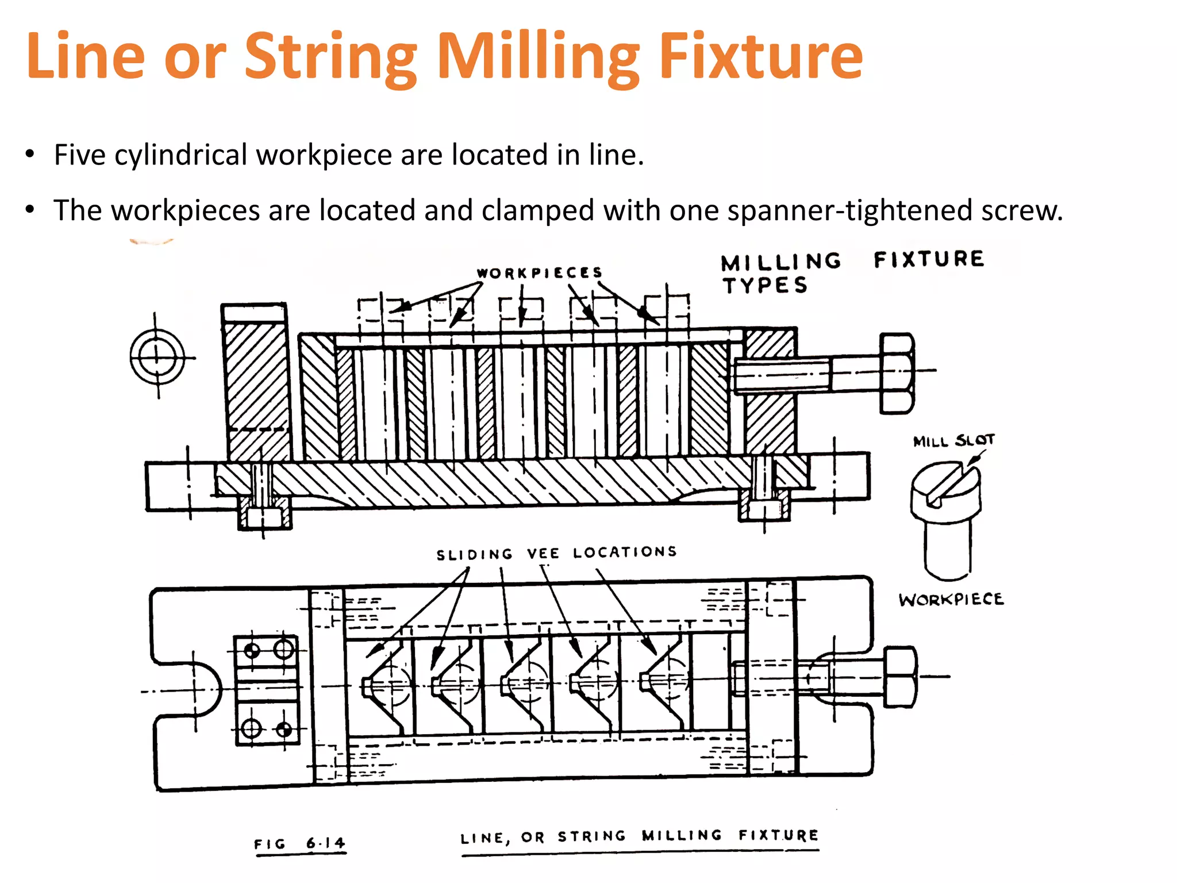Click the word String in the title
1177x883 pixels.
click(x=330, y=56)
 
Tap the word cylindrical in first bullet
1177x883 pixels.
click(x=180, y=155)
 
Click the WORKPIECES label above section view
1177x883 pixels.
click(x=539, y=272)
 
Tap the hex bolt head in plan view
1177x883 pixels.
click(x=900, y=677)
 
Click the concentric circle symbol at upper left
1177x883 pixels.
click(x=157, y=357)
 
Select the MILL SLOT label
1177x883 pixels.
click(x=953, y=441)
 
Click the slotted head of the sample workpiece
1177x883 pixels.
click(x=945, y=489)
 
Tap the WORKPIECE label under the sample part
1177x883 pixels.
click(x=951, y=599)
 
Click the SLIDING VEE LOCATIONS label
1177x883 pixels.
click(x=556, y=553)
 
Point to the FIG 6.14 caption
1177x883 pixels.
click(x=299, y=843)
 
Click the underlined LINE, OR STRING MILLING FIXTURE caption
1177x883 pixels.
click(x=639, y=836)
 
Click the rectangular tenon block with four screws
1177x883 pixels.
click(x=267, y=690)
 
